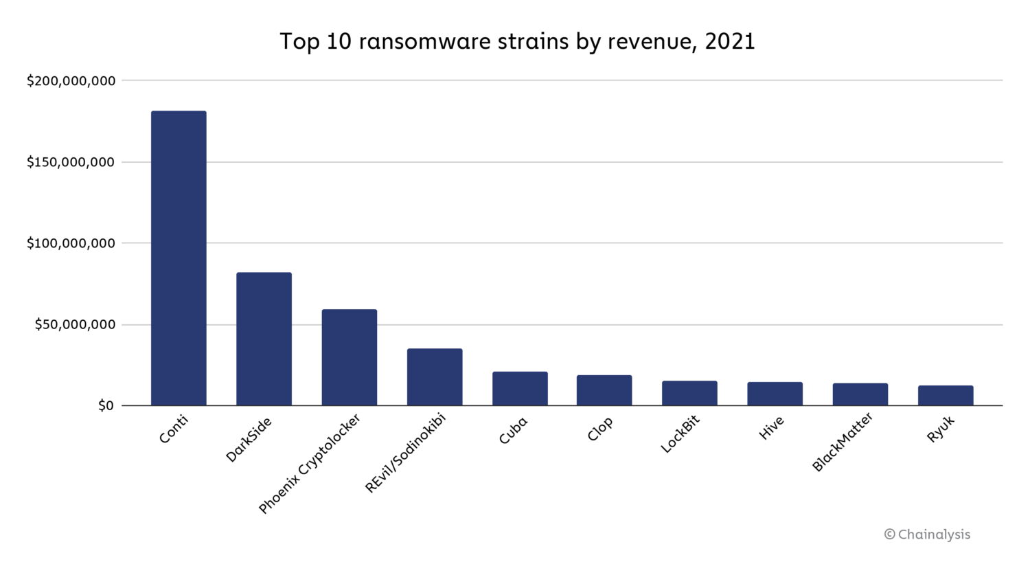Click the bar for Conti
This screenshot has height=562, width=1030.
click(179, 258)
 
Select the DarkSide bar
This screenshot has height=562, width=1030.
click(264, 339)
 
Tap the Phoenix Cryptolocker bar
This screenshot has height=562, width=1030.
click(349, 357)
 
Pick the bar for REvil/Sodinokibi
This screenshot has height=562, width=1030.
click(435, 377)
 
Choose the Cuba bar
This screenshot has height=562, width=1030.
click(520, 389)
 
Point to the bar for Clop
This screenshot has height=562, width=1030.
click(604, 390)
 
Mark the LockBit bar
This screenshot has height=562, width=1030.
click(689, 393)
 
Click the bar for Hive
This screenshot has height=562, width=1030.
click(775, 394)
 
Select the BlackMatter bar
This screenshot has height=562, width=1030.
click(860, 394)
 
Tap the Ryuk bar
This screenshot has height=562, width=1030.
click(946, 396)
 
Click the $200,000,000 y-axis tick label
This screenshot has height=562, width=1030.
click(71, 81)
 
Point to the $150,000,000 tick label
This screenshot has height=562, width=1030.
click(71, 162)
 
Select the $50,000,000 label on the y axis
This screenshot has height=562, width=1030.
click(75, 324)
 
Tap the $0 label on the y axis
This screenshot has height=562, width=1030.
click(106, 406)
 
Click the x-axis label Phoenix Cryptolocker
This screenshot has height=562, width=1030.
click(309, 464)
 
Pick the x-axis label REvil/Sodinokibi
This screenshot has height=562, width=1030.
click(405, 453)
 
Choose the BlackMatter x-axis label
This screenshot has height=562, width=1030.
click(843, 442)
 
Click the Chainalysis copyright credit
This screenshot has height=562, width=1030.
click(927, 535)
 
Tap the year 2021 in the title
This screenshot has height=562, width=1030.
click(729, 42)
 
